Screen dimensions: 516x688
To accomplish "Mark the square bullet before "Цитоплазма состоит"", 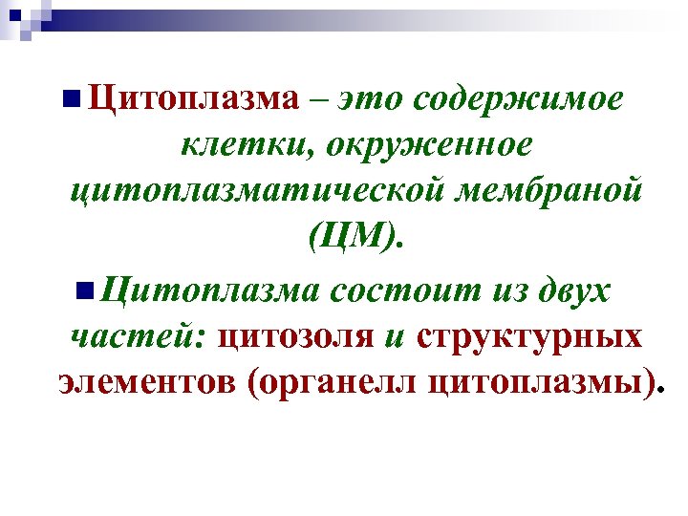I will (x=84, y=288).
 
